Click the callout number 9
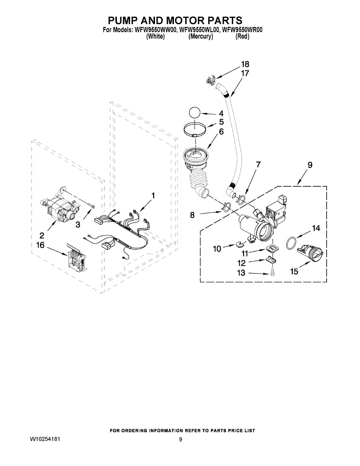310,165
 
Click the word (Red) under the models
242,37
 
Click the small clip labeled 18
211,81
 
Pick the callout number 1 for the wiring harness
153,195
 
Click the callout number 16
40,245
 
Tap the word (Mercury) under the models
200,37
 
